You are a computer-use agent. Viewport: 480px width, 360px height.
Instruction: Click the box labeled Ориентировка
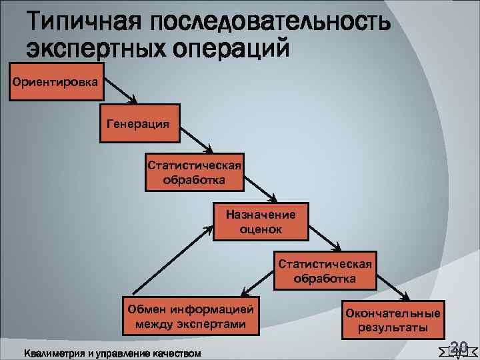click(x=53, y=82)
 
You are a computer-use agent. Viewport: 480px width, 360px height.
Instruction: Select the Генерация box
click(x=139, y=123)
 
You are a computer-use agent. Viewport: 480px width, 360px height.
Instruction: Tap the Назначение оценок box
click(x=261, y=220)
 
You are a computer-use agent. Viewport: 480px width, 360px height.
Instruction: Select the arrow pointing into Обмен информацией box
click(x=257, y=284)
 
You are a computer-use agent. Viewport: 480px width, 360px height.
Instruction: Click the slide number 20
click(x=458, y=346)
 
